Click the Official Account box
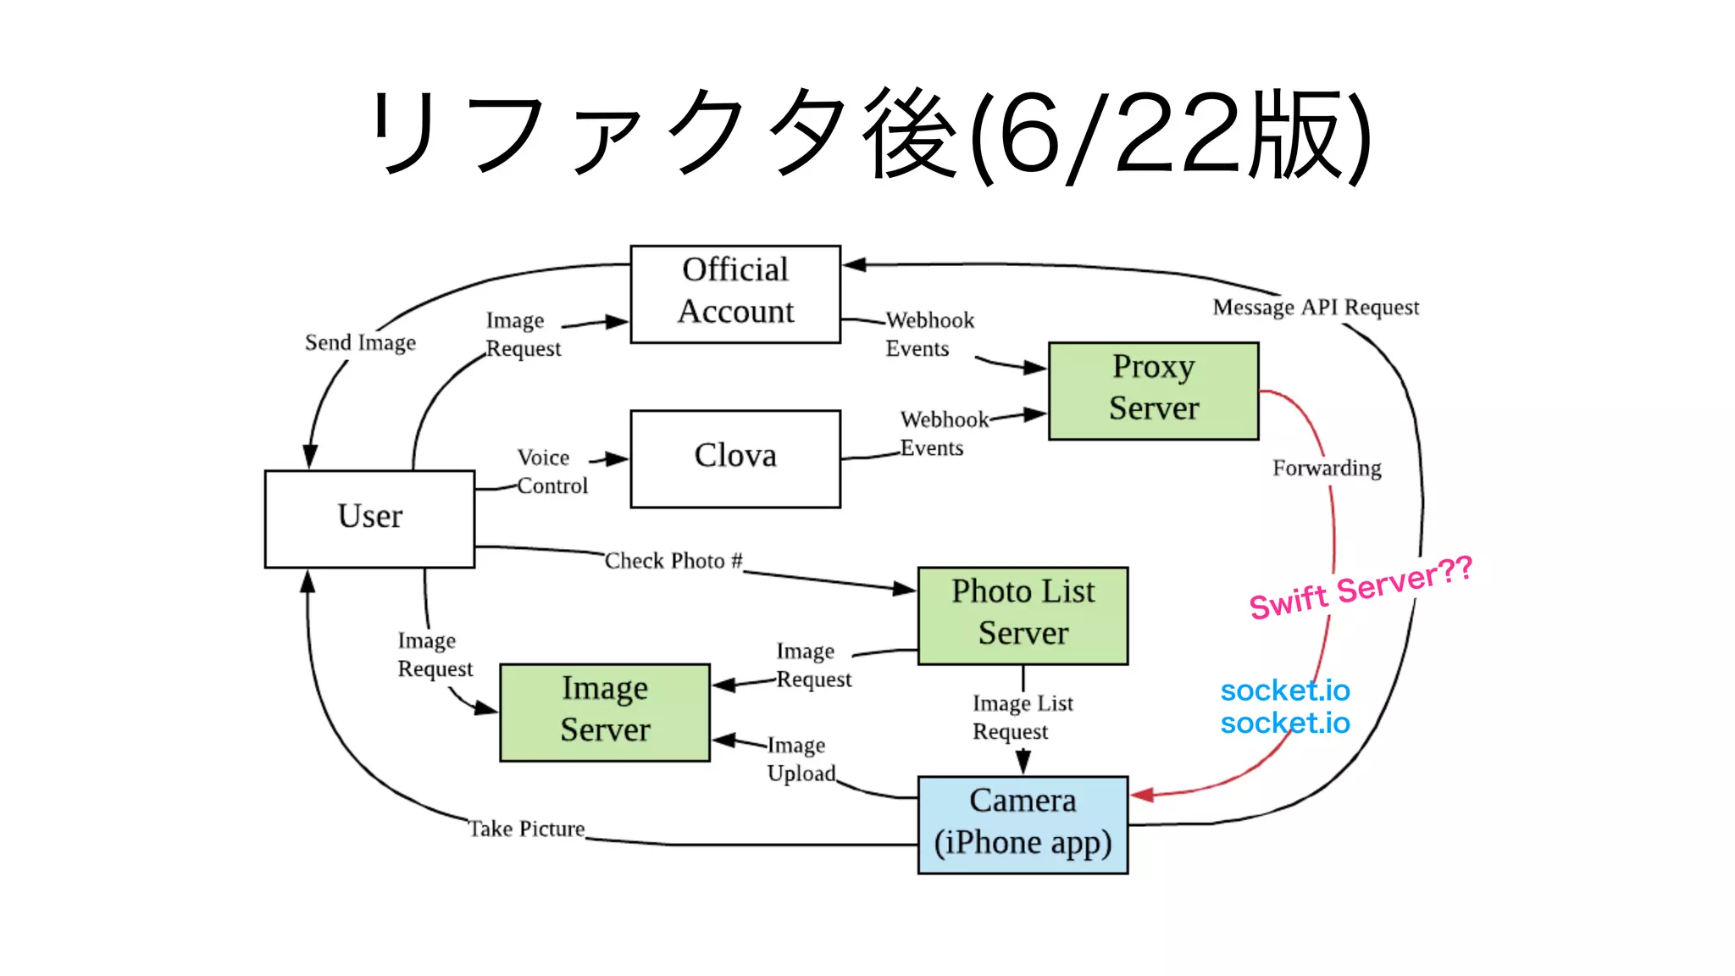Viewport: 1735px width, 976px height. [x=735, y=294]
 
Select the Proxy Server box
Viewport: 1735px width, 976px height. [x=1153, y=391]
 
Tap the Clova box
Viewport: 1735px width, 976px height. [x=735, y=458]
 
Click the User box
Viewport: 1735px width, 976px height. [x=369, y=518]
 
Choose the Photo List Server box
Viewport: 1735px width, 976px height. [x=1023, y=615]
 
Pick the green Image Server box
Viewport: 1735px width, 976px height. [x=605, y=712]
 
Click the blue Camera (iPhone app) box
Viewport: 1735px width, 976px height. [x=1023, y=824]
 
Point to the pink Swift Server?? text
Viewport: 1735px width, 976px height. [x=1361, y=588]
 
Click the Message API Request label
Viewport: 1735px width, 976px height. [x=1315, y=308]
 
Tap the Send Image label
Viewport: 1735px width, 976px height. [x=360, y=342]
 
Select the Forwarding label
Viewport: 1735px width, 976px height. [x=1327, y=469]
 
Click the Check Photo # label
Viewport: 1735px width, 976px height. [x=673, y=561]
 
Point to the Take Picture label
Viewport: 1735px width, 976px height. [x=527, y=829]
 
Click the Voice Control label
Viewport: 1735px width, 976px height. [x=551, y=472]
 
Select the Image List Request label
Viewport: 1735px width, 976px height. [x=1022, y=717]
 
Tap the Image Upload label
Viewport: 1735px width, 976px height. [x=800, y=759]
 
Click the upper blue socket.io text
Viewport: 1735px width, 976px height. [x=1284, y=690]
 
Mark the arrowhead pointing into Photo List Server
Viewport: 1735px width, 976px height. [x=905, y=588]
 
